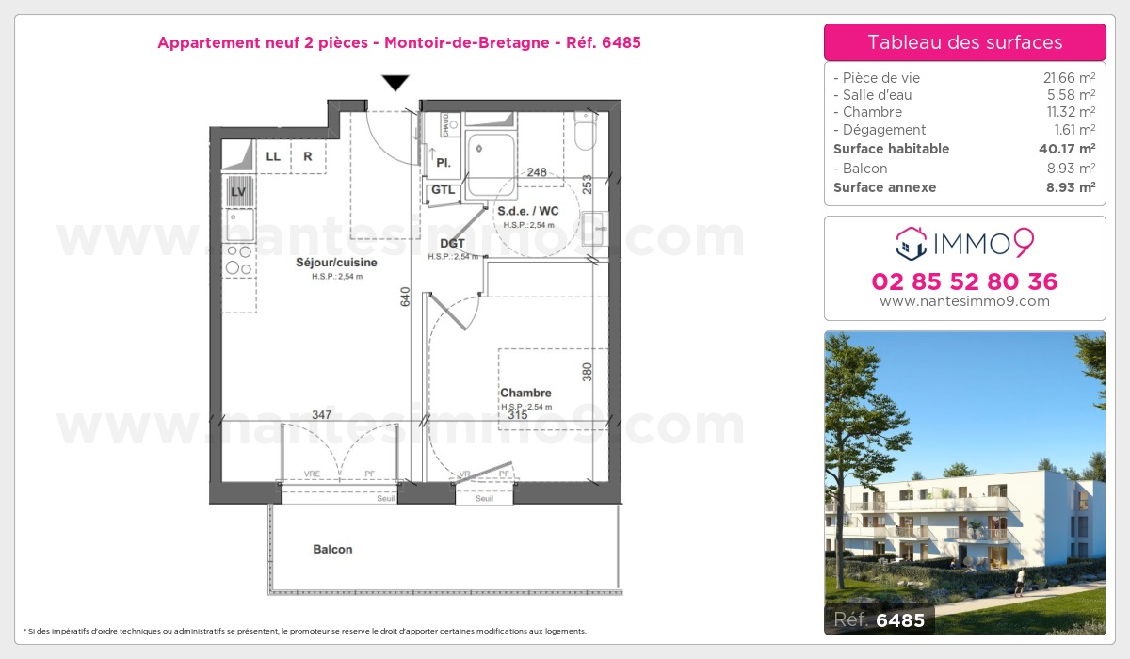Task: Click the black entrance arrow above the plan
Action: point(395,83)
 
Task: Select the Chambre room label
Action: point(525,393)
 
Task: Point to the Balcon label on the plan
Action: point(333,549)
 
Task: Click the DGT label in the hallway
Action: point(452,244)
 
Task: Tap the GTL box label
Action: point(443,190)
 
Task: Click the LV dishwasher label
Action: point(238,191)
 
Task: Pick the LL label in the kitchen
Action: point(273,156)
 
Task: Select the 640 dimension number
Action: point(406,297)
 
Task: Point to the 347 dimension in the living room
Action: point(321,414)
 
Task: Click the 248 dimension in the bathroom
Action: point(537,172)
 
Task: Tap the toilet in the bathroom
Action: point(585,134)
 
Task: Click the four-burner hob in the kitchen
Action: point(238,259)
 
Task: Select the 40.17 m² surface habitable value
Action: point(1073,149)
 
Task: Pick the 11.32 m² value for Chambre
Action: point(1073,112)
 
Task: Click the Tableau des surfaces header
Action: point(964,42)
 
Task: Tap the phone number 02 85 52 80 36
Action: point(964,281)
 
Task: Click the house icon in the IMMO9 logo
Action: point(910,244)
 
